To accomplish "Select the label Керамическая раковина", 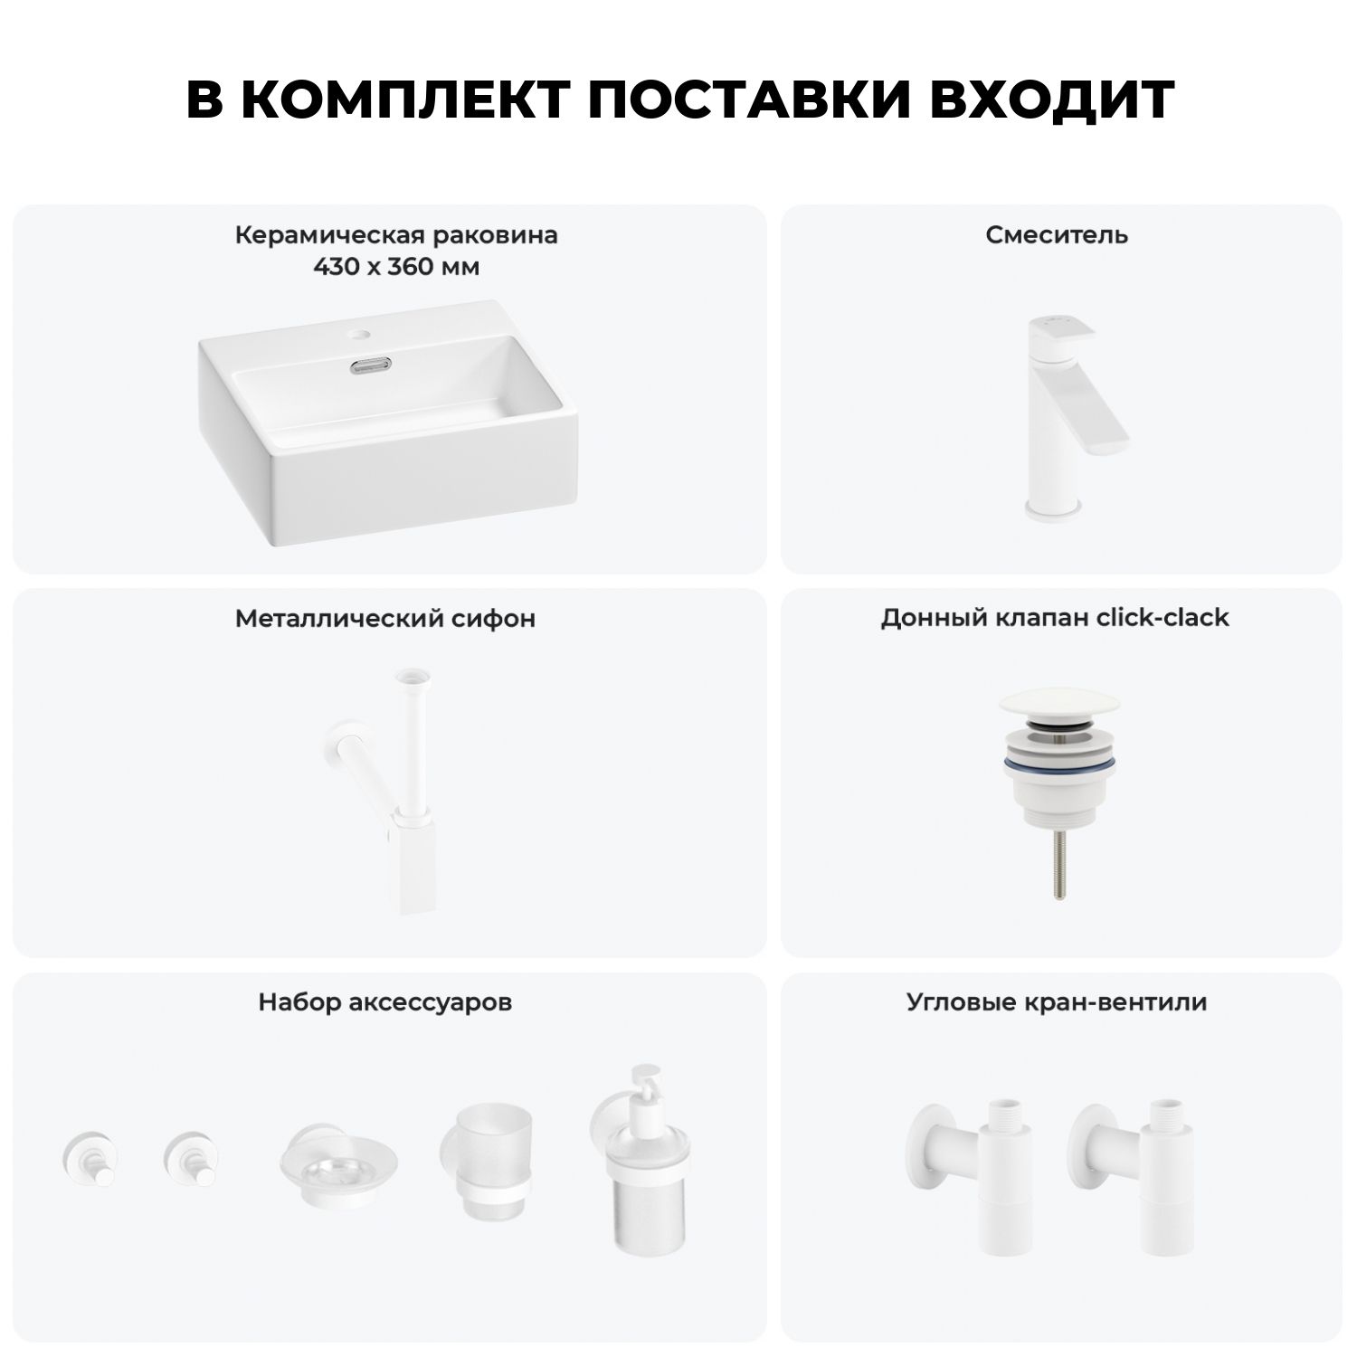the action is coord(396,236).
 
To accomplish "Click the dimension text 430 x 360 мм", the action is coord(396,268).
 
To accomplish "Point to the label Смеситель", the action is coord(1057,235).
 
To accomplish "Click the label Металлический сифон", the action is coord(385,619).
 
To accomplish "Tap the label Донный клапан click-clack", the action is coord(1055,618).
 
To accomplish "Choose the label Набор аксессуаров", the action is coord(385,1002).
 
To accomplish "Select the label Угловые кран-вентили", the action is coord(1057,1002).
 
